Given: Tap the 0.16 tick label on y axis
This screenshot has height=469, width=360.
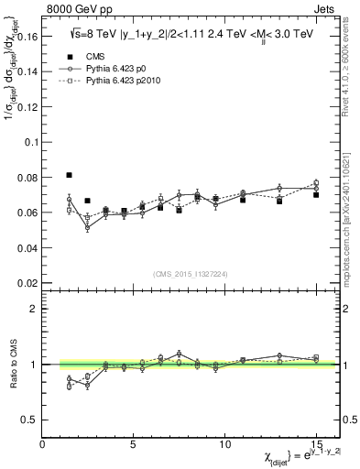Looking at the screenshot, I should click(x=27, y=38).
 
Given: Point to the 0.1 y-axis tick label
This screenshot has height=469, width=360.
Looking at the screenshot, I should click(x=30, y=142).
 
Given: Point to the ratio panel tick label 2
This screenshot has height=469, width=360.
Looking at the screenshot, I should click(x=33, y=309).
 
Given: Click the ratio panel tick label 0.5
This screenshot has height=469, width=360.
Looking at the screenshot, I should click(x=30, y=420).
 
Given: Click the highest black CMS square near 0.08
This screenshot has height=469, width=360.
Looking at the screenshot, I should click(x=70, y=174).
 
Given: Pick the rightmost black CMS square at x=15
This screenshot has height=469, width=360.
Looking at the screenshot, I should click(x=316, y=194).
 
